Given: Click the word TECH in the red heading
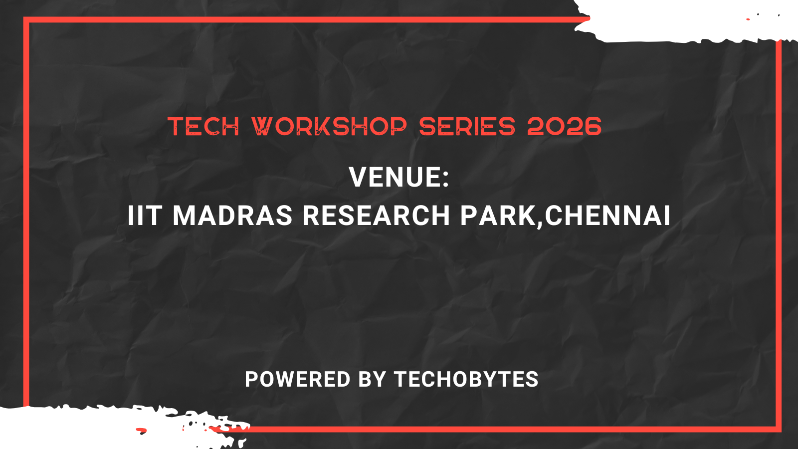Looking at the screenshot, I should coord(203,126).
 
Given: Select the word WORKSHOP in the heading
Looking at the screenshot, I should coord(329,126).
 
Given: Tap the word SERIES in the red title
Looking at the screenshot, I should coord(467,126).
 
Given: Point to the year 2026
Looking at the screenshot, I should coord(564,126).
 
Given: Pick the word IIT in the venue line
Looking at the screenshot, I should coord(145,216).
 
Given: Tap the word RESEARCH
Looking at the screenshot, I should coord(377,216).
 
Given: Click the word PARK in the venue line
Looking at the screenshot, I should coord(498,216).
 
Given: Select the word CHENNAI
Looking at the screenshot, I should coord(607,216).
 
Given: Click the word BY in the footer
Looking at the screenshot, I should coord(372,379).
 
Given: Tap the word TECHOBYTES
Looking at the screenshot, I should coord(466,379).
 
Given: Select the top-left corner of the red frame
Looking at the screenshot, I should coord(26,20).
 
